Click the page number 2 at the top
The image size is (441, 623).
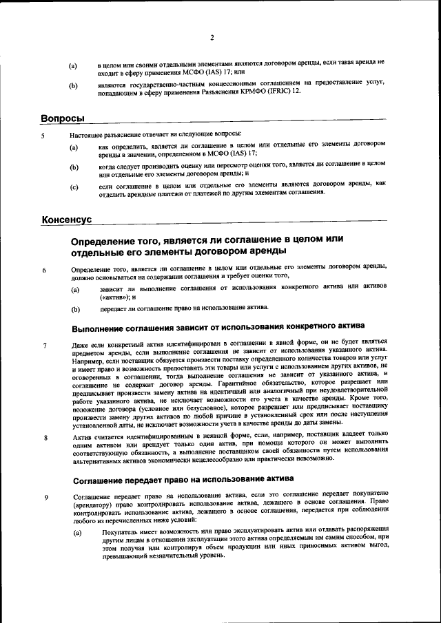coord(212,38)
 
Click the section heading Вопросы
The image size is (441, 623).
coord(63,119)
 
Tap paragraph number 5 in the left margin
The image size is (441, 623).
coord(43,136)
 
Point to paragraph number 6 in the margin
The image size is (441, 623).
coord(43,271)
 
